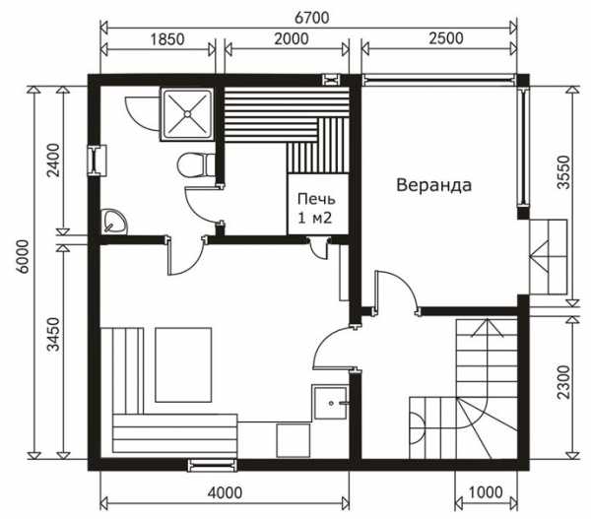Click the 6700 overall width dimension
coord(311,18)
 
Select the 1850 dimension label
coord(167,39)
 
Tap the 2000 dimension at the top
coord(291,38)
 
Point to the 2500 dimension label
coord(446,38)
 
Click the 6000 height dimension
coord(23,257)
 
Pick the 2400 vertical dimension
coord(53,161)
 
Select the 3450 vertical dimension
coord(53,334)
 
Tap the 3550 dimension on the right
coord(563,172)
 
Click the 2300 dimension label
coord(563,382)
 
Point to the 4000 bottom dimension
coord(225,492)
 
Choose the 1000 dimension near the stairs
coord(486,492)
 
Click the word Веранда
coord(433,185)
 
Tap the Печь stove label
coord(316,199)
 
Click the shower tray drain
coord(187,113)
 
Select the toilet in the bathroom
coord(196,165)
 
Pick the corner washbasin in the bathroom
coord(114,222)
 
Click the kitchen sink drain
coord(331,404)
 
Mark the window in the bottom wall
coord(213,466)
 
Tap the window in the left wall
coord(98,161)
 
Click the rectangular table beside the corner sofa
coord(183,364)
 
